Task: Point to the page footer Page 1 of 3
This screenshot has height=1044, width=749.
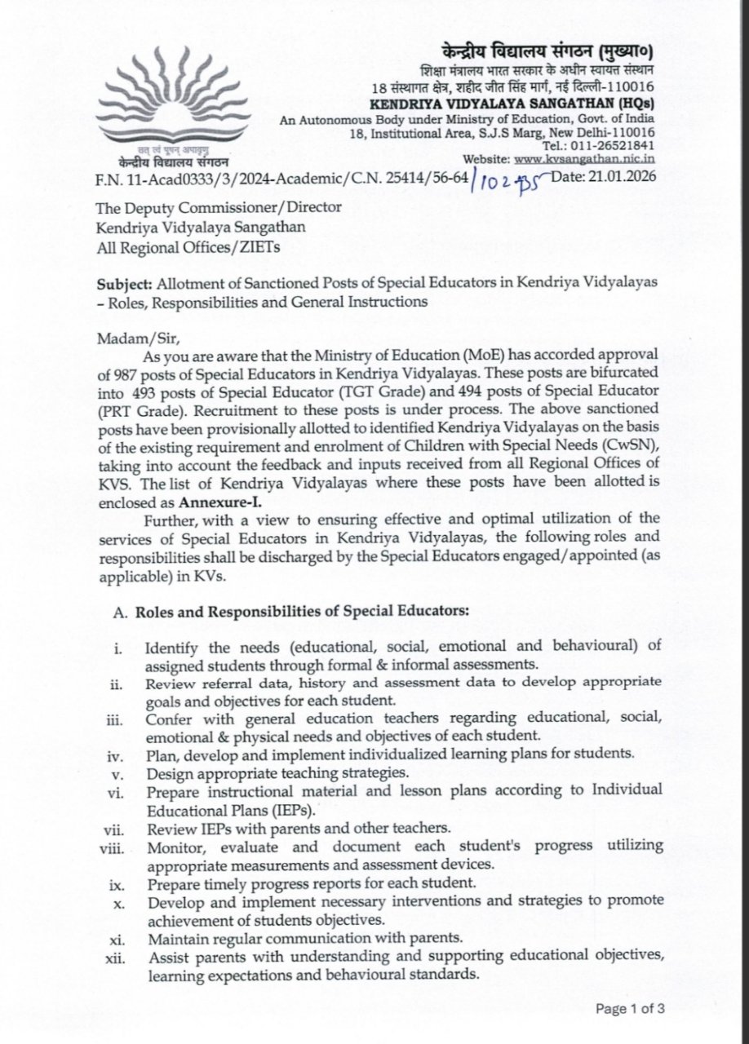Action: click(x=631, y=1009)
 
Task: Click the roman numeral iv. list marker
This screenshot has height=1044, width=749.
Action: click(x=115, y=752)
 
